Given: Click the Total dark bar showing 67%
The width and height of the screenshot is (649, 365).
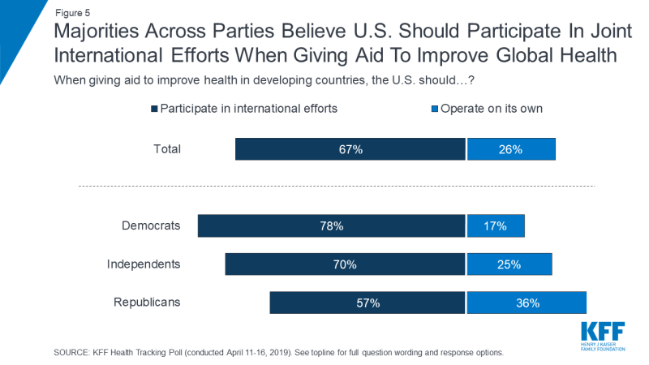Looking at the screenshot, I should [350, 149].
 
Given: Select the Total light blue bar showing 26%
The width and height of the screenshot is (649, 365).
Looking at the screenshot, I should [511, 149].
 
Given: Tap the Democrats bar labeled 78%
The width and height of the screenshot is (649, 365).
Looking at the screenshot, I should [332, 226].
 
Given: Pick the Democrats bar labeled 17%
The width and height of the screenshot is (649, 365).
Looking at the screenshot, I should [496, 226].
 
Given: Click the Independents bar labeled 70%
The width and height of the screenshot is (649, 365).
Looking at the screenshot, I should [346, 264].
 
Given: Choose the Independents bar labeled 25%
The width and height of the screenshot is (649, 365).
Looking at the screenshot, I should [509, 264].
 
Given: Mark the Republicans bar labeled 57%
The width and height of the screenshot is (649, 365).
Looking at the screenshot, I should [367, 303].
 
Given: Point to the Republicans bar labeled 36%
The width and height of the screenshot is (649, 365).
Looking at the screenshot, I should [527, 303].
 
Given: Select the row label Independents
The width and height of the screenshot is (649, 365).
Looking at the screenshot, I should [144, 264].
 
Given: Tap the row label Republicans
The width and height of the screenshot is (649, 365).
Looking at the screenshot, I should [146, 302].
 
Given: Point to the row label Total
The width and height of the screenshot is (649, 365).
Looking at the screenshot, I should [166, 149].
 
